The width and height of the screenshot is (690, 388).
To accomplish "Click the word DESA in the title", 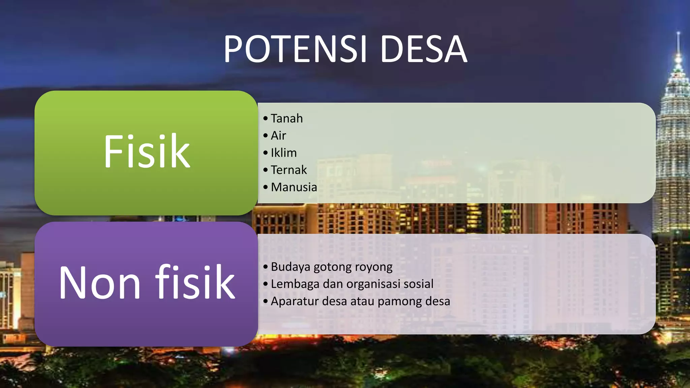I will pos(424,50).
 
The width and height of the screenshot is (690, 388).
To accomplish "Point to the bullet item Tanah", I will pos(287,119).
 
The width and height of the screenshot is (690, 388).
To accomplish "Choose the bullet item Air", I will pos(278,136).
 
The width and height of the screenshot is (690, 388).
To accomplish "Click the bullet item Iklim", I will pos(284,153).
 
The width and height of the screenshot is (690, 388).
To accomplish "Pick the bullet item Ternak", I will pos(289,170).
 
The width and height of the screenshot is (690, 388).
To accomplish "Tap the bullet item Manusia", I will pos(294,187).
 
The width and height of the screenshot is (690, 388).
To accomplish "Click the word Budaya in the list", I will pos(290,267).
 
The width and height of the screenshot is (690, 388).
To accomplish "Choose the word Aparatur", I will pos(294,301).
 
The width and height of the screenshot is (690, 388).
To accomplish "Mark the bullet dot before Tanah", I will pos(265,119).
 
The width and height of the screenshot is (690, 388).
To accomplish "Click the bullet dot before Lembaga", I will pos(265,284).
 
